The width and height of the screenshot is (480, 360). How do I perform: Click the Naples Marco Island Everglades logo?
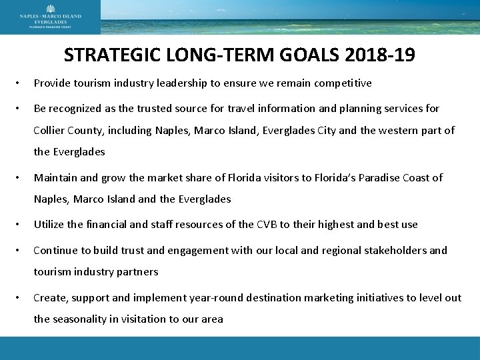coord(50,17)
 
